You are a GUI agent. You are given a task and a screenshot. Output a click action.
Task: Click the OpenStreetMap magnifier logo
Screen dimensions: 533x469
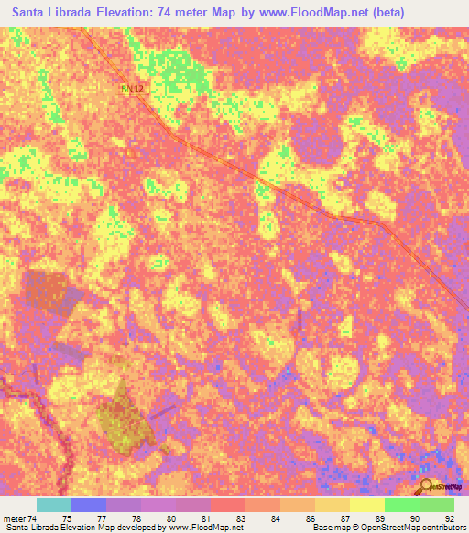[426, 486]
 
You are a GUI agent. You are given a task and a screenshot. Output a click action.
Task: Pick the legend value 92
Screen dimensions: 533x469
[448, 518]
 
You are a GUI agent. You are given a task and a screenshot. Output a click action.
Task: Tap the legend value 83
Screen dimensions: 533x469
[239, 518]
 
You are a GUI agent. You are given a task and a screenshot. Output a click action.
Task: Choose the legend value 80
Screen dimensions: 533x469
[170, 518]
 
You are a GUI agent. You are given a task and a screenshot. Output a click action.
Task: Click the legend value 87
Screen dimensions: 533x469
[345, 518]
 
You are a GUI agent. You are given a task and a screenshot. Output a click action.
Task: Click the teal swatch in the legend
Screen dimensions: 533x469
[54, 505]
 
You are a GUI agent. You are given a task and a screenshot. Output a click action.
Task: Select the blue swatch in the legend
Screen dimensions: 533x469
[89, 505]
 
